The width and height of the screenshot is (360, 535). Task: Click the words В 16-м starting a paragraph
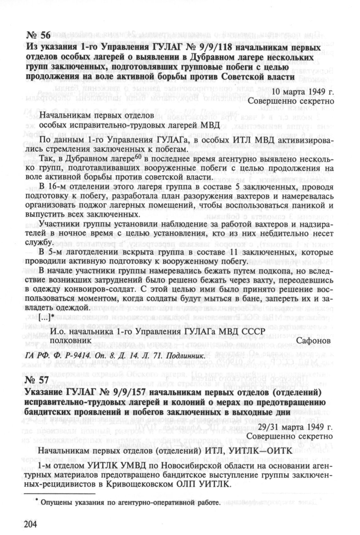pyautogui.click(x=49, y=188)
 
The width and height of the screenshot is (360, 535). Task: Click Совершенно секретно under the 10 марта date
pyautogui.click(x=291, y=102)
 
